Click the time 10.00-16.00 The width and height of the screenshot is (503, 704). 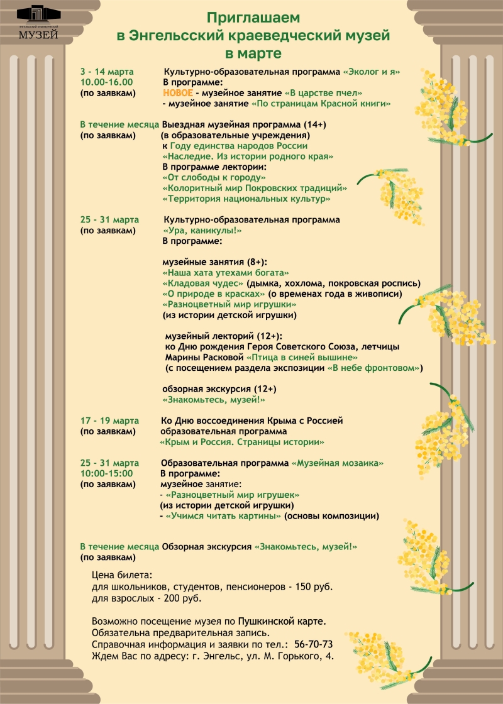106,82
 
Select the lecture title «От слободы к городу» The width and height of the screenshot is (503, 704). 205,178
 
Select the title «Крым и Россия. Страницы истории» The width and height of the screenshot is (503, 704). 242,442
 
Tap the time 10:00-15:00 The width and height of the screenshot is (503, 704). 106,473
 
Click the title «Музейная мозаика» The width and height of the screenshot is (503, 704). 338,463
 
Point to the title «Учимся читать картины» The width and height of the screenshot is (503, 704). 223,516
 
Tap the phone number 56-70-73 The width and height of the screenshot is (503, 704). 313,644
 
